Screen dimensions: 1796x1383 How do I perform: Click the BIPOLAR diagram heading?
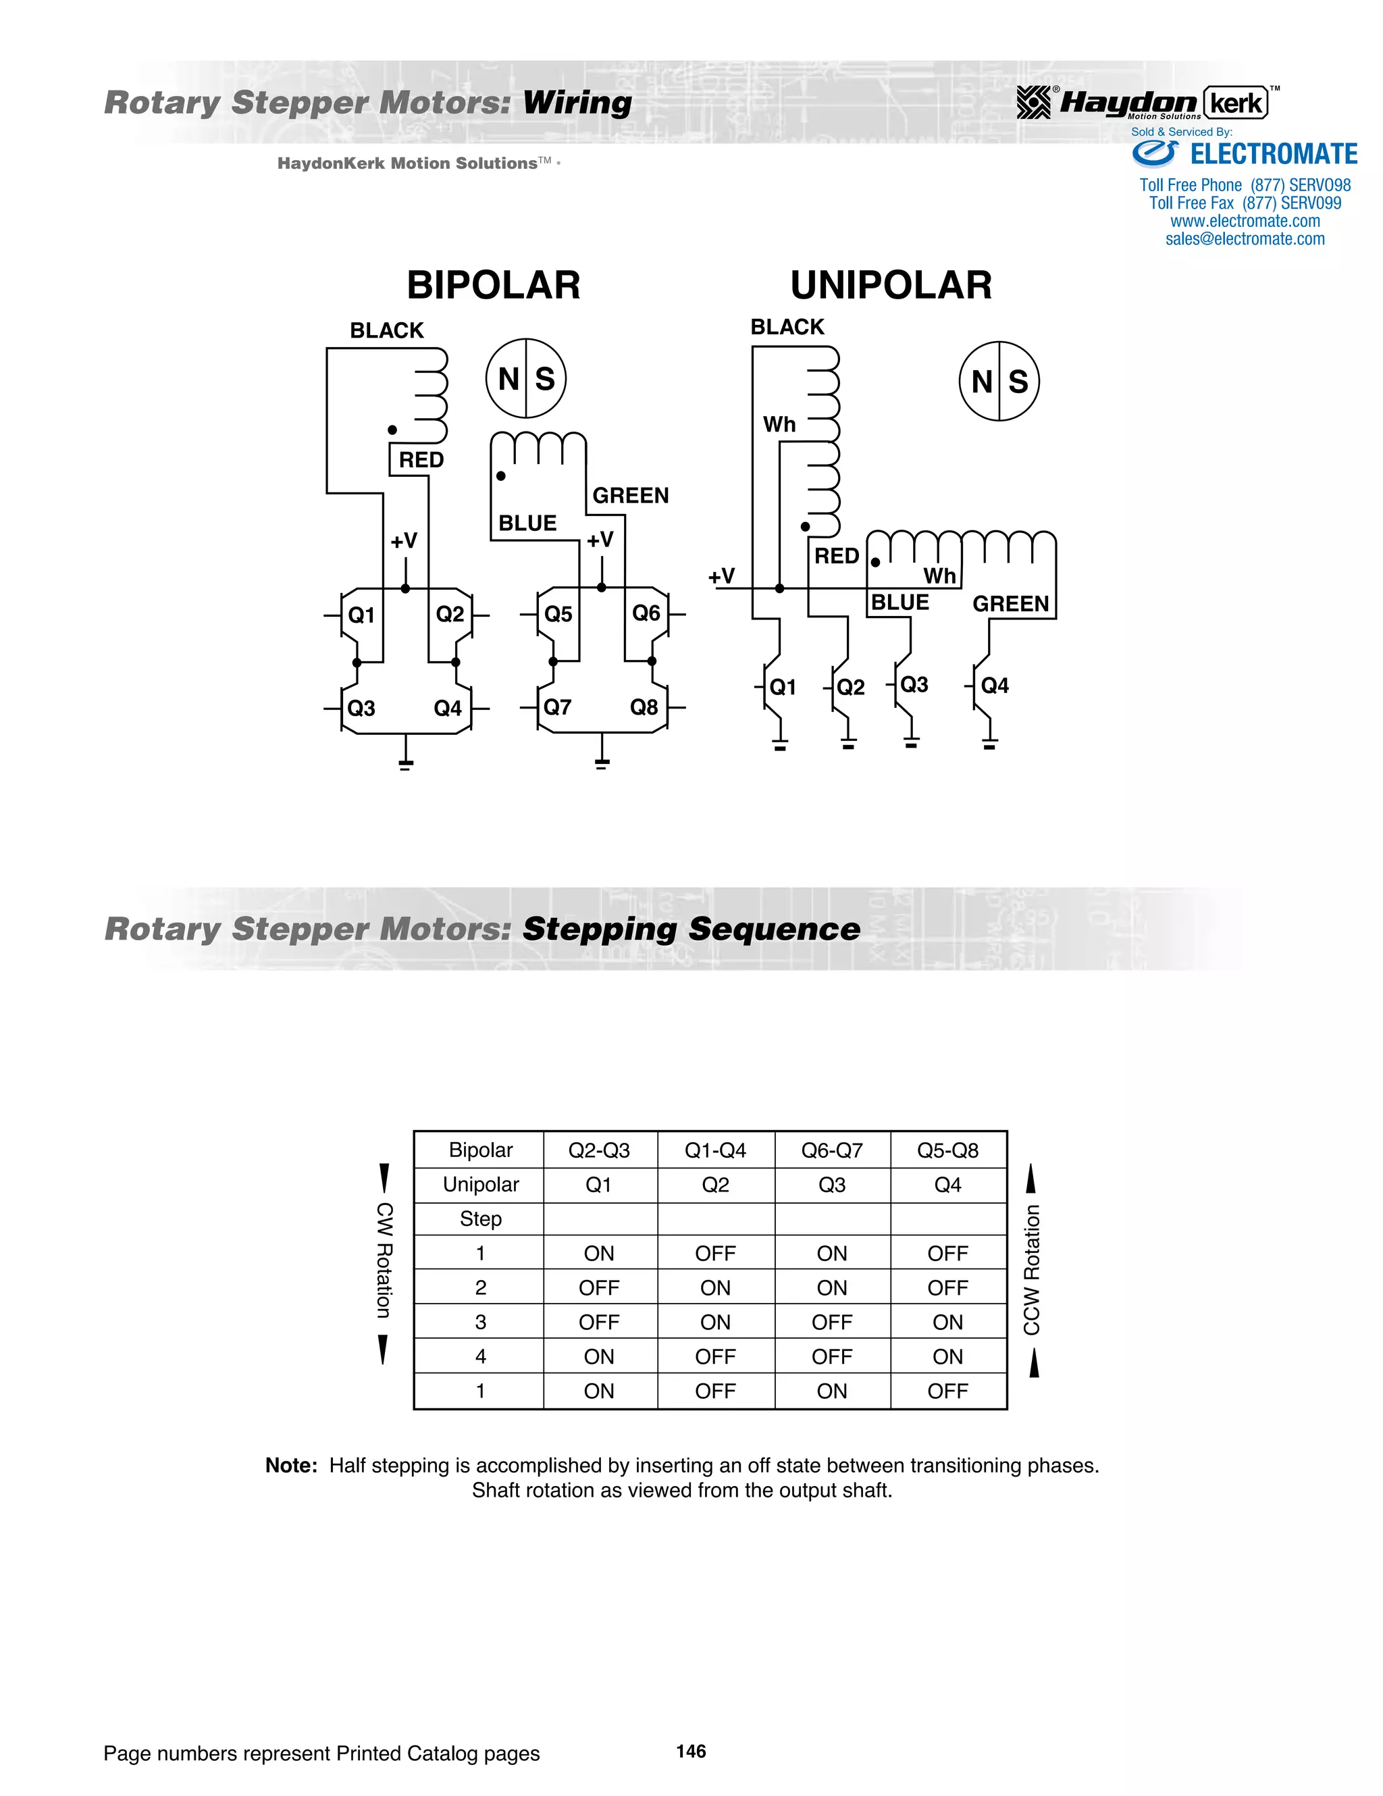(x=494, y=285)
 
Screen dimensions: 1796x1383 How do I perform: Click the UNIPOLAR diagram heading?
(x=891, y=285)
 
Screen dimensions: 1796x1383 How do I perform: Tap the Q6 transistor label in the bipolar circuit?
(x=646, y=613)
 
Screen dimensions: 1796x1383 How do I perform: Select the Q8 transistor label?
(x=644, y=707)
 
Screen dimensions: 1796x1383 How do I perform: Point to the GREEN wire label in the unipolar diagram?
(x=1010, y=605)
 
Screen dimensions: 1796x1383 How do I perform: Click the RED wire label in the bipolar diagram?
(x=421, y=460)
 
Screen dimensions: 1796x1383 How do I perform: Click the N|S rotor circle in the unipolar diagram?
(x=999, y=382)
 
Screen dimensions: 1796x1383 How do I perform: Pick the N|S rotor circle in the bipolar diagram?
(x=525, y=378)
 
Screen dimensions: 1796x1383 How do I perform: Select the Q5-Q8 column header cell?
(x=947, y=1150)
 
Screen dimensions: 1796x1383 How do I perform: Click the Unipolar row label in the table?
(x=480, y=1184)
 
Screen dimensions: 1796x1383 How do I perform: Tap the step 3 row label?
(x=480, y=1323)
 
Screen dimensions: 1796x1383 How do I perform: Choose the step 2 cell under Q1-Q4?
(x=714, y=1288)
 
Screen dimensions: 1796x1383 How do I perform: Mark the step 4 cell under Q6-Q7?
(x=831, y=1357)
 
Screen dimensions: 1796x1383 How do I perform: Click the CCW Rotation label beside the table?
(x=1032, y=1270)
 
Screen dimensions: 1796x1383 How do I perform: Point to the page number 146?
(x=691, y=1751)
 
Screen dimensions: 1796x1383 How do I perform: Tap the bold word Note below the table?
(x=290, y=1466)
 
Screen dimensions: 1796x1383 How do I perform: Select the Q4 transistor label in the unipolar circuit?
(x=994, y=685)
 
